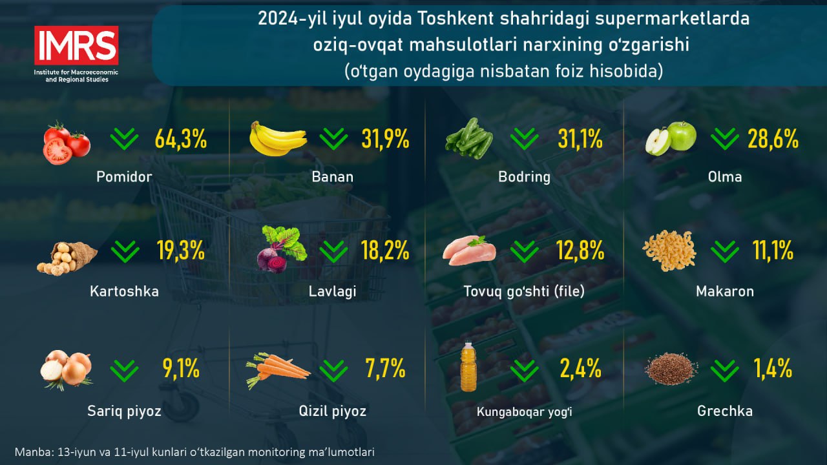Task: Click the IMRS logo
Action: pos(76,46)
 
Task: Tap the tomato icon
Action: pos(67,142)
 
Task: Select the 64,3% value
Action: pos(180,139)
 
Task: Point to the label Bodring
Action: pos(524,177)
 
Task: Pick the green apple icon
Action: pos(671,138)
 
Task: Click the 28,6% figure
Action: pos(773,139)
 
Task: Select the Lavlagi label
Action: pos(332,291)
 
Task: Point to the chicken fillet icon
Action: pos(470,250)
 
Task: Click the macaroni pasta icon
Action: pos(669,251)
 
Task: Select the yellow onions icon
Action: pos(66,370)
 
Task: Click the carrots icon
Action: pos(277,369)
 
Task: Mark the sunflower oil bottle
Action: pos(468,368)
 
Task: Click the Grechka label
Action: pos(725,411)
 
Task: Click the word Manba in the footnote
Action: pos(31,452)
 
